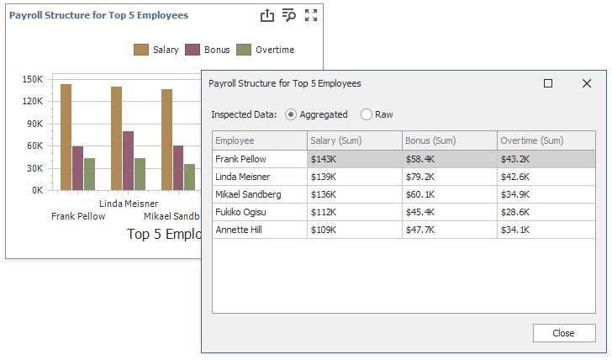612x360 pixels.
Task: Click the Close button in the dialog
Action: click(x=563, y=333)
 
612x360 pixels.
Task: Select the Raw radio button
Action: click(x=367, y=114)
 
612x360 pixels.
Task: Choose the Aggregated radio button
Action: click(x=291, y=114)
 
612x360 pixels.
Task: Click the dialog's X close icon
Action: click(x=587, y=83)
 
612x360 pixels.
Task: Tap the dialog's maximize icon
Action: click(x=548, y=83)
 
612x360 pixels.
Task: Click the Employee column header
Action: click(x=260, y=140)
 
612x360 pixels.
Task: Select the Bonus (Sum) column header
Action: click(x=449, y=140)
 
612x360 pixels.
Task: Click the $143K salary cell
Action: click(x=354, y=159)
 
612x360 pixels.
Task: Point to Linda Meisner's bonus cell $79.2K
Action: click(x=449, y=177)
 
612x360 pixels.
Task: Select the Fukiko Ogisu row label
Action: click(x=260, y=212)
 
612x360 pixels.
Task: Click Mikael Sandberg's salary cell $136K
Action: click(x=354, y=194)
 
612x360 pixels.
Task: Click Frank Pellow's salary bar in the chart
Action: click(x=66, y=137)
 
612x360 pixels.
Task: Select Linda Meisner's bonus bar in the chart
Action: click(x=129, y=161)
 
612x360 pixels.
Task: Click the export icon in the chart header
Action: click(x=266, y=15)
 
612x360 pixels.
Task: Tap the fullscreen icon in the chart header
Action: click(x=311, y=15)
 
